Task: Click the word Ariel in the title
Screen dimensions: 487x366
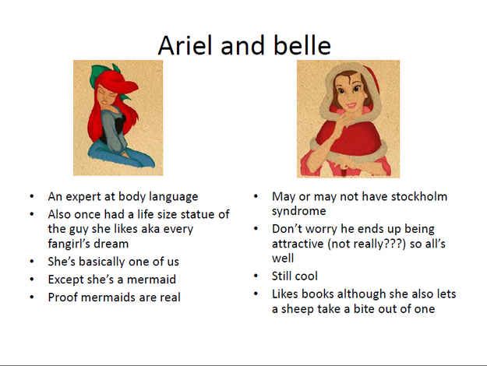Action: coord(185,45)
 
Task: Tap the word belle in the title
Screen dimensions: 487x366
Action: coord(302,45)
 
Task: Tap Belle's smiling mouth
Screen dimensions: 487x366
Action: coord(351,105)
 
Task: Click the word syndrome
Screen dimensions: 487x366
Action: coord(298,211)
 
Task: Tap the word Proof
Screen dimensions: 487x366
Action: coord(63,297)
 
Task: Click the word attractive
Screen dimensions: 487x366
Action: coord(298,244)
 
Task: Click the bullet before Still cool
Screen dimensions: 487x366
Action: coord(256,276)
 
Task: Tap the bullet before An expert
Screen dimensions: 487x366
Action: coord(32,196)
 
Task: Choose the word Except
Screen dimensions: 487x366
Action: coord(65,280)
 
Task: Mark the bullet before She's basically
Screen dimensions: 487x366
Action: coord(32,262)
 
